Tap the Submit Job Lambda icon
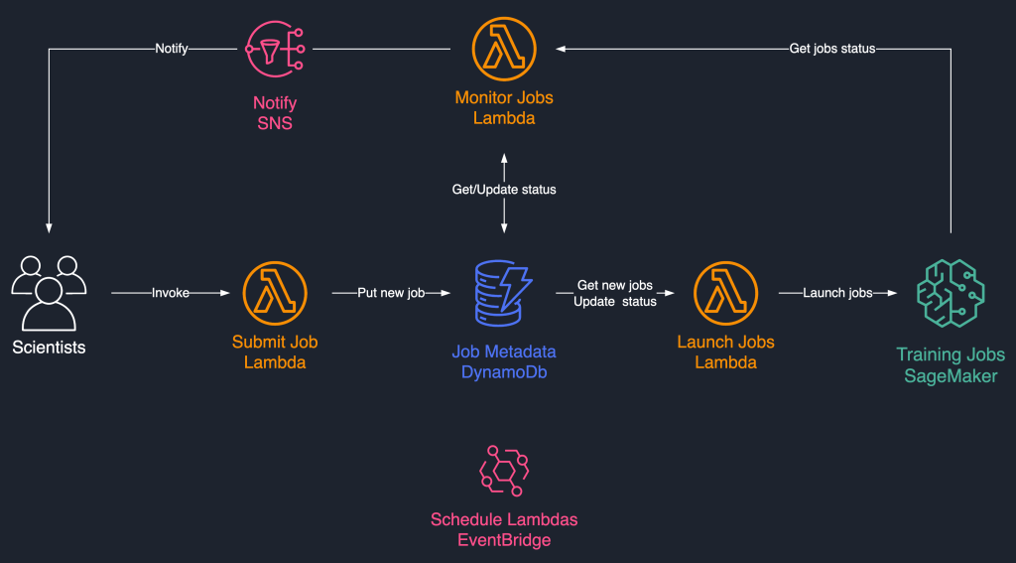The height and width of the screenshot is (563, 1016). [x=275, y=293]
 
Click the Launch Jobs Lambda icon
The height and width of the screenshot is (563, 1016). [x=726, y=293]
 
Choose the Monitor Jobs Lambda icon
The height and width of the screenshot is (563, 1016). [x=504, y=48]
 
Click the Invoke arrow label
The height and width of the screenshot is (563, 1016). [x=170, y=293]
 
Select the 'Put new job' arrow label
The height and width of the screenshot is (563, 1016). [x=392, y=293]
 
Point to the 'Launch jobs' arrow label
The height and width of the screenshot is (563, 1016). [x=837, y=293]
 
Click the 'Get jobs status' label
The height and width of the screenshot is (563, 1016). [x=831, y=48]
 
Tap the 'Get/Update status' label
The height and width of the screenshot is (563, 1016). [x=504, y=189]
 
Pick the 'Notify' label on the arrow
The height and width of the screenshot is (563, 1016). [x=172, y=48]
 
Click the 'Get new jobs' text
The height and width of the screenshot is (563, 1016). [x=614, y=286]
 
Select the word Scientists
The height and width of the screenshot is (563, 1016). [x=48, y=348]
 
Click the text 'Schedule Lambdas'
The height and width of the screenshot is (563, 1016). [x=504, y=519]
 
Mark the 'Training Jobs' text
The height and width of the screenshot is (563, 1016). [x=950, y=354]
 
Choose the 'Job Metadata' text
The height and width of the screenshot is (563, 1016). [x=504, y=352]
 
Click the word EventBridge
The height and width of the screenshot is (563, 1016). [x=504, y=540]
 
